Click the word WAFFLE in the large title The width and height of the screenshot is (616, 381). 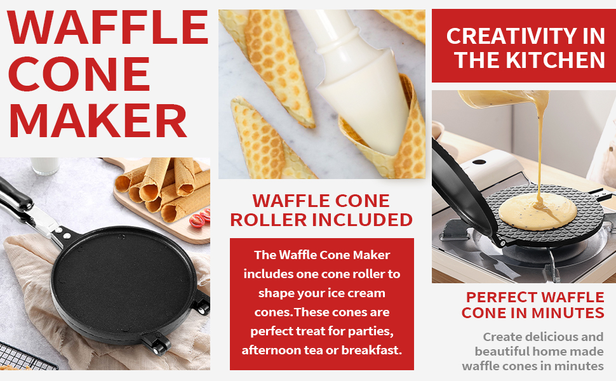pos(108,27)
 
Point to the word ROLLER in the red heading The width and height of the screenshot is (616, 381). pos(269,220)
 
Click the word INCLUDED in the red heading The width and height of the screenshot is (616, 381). pos(362,220)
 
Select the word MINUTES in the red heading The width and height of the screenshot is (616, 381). pos(568,313)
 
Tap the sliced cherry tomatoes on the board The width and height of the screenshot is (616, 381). pos(200,218)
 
